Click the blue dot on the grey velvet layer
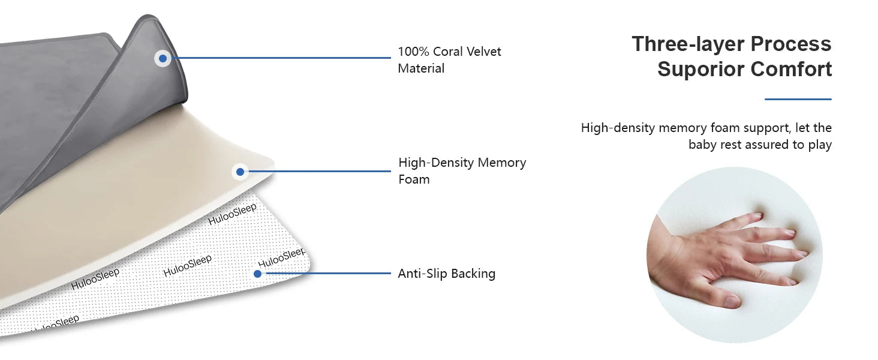coord(163,58)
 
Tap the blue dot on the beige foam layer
coord(240,172)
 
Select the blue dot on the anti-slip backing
coord(257,274)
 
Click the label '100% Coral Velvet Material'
coord(449,60)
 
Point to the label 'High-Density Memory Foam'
coord(462,170)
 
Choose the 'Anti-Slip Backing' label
coord(447,274)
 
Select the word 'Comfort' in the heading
coord(791,69)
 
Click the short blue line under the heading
coord(798,99)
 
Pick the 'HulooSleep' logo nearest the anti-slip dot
coord(281,257)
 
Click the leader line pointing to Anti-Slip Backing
coord(327,274)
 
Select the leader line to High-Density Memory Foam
coord(318,172)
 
